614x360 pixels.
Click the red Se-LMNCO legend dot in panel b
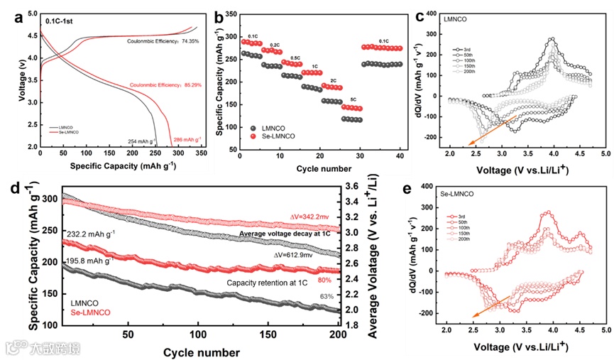coord(253,136)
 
